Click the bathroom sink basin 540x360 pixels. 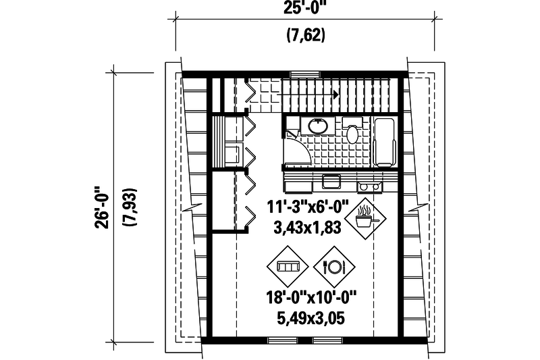point(317,125)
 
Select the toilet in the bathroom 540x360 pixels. point(352,130)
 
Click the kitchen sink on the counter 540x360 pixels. point(331,182)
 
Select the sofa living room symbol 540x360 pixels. point(289,267)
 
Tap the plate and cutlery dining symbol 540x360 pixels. point(335,267)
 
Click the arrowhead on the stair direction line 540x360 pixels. point(335,96)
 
